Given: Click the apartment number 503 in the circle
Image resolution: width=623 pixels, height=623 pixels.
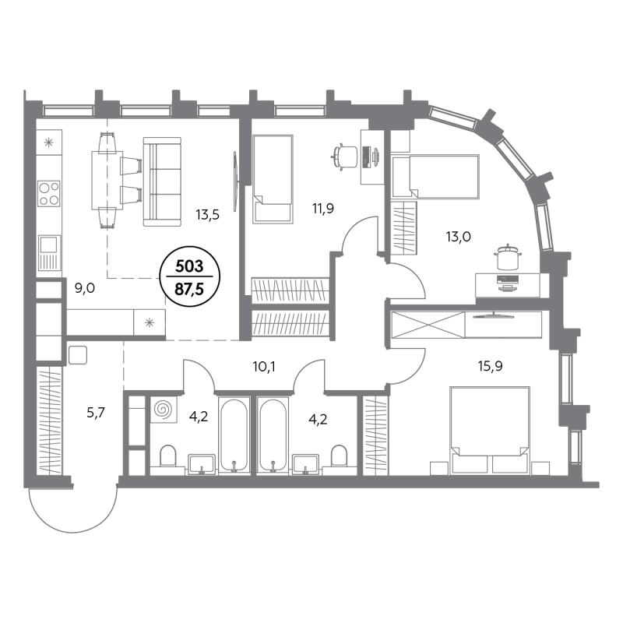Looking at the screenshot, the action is pyautogui.click(x=189, y=266).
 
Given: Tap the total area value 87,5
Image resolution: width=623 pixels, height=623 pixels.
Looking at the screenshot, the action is pyautogui.click(x=189, y=289).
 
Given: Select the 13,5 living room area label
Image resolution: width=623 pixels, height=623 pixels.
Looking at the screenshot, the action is pyautogui.click(x=207, y=215).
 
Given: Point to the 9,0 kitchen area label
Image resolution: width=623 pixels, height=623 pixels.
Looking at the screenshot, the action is pyautogui.click(x=85, y=287).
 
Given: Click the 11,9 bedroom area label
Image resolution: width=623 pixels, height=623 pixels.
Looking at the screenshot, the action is pyautogui.click(x=323, y=208).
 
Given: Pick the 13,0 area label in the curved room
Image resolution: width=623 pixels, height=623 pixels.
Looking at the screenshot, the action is pyautogui.click(x=458, y=237).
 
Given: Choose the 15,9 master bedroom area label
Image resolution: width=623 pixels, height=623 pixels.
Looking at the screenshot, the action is pyautogui.click(x=491, y=365).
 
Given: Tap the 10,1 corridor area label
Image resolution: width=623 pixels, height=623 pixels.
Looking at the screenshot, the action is pyautogui.click(x=264, y=367).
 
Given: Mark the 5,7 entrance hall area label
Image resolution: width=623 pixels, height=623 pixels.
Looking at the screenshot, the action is pyautogui.click(x=95, y=414).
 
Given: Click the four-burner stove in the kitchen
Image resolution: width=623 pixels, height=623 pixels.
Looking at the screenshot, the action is pyautogui.click(x=49, y=193).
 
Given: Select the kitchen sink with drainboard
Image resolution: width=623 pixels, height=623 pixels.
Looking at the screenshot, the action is pyautogui.click(x=50, y=252).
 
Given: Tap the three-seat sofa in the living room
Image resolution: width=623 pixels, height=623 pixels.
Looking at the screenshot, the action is pyautogui.click(x=162, y=181).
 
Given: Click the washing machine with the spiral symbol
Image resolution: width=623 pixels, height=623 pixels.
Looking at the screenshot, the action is pyautogui.click(x=164, y=410).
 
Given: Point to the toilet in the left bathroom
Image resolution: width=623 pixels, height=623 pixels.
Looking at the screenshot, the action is pyautogui.click(x=167, y=456).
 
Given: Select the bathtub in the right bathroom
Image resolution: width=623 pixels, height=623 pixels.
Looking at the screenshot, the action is pyautogui.click(x=273, y=435).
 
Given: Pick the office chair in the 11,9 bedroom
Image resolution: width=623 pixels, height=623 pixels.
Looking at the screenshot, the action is pyautogui.click(x=344, y=157).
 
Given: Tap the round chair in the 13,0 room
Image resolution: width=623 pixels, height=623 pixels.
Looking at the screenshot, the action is pyautogui.click(x=508, y=257).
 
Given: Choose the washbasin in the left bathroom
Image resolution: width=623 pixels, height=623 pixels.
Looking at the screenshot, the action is pyautogui.click(x=202, y=464).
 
